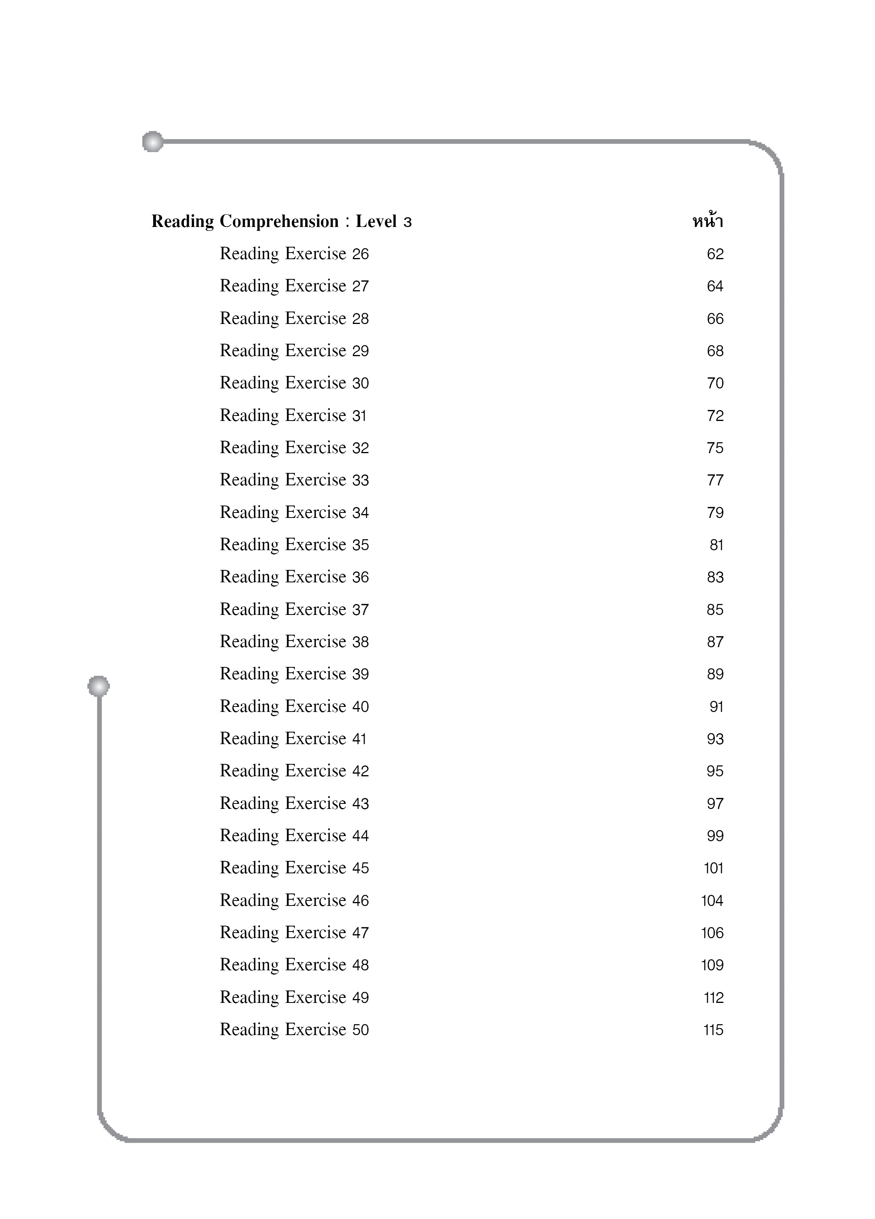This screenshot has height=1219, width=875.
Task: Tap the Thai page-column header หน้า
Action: coord(707,221)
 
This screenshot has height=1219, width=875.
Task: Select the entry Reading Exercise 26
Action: coord(294,254)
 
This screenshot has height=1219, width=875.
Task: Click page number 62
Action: coord(715,254)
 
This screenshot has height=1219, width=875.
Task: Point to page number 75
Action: coord(715,448)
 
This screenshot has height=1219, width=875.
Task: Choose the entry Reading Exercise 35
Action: coord(294,544)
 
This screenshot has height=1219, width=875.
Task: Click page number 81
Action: coord(716,545)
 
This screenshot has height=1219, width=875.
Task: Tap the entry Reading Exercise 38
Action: coord(294,642)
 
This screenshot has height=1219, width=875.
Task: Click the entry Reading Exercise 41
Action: coord(293,738)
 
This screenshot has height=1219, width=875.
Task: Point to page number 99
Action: coord(715,836)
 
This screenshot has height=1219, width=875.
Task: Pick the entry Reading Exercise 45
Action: coord(294,868)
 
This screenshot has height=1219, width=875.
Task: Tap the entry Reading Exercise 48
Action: coord(294,965)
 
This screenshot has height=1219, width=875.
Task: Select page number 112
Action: coord(713,997)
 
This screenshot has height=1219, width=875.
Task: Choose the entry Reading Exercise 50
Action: coord(294,1029)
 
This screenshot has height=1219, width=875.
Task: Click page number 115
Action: coord(713,1030)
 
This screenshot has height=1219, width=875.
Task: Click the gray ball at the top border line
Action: coord(153,141)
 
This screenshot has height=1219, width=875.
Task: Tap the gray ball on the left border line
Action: coord(99,686)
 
